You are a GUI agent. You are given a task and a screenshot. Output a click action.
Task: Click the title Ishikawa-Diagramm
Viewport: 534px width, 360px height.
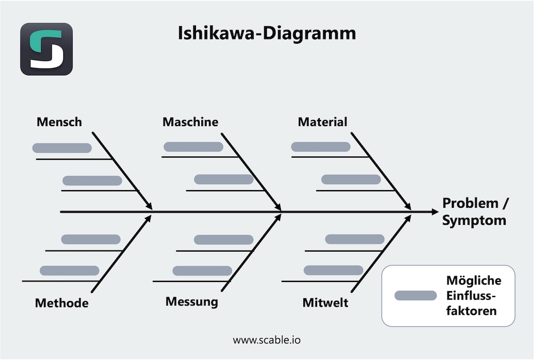pos(266,34)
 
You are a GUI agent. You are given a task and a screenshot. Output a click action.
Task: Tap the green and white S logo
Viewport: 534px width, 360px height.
pos(46,49)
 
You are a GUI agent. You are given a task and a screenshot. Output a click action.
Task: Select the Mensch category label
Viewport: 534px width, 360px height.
pos(59,122)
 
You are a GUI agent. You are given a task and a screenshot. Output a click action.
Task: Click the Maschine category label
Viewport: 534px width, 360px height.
pos(190,122)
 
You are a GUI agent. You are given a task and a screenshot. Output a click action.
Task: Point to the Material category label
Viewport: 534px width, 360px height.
pos(323,122)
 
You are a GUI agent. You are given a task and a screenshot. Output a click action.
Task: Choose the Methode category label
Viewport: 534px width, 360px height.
pos(61,303)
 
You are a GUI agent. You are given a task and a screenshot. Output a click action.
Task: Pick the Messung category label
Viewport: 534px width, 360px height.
pos(192,302)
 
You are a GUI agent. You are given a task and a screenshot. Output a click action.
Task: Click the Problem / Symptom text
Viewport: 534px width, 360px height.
pos(475,212)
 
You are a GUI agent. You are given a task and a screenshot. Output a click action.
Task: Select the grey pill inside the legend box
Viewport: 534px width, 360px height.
pos(415,295)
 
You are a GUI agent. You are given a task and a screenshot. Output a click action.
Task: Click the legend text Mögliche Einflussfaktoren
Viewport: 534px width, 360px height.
pos(473,295)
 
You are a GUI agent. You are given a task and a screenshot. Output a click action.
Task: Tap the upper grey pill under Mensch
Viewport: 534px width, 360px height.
pos(62,148)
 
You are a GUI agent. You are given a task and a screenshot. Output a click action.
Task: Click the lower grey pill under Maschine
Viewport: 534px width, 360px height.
pos(223,179)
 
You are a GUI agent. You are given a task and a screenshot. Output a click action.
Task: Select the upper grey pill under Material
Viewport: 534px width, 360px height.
pos(320,147)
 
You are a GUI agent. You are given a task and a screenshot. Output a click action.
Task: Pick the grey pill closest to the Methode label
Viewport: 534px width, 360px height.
pos(69,270)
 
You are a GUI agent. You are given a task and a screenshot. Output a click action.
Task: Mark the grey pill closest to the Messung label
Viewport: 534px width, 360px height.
pos(202,270)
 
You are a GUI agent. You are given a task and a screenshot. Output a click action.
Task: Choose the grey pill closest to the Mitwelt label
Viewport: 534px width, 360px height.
pos(333,270)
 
